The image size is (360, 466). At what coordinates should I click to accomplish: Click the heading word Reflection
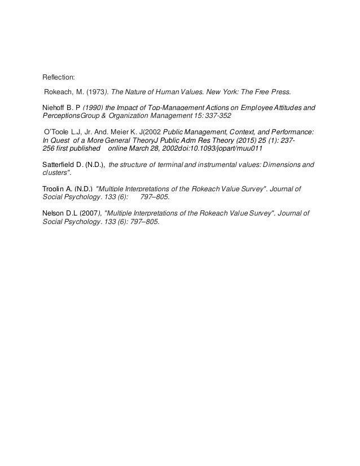(x=59, y=77)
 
